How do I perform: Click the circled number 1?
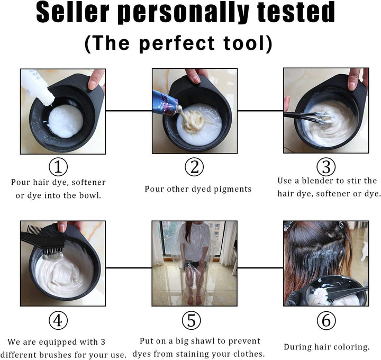pyautogui.click(x=58, y=167)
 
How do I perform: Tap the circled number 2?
pyautogui.click(x=194, y=167)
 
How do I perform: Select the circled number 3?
pyautogui.click(x=326, y=167)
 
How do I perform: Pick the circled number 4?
pyautogui.click(x=58, y=321)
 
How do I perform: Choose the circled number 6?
pyautogui.click(x=326, y=321)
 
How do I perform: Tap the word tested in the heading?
pyautogui.click(x=292, y=14)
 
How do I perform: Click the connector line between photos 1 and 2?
pyautogui.click(x=129, y=111)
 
